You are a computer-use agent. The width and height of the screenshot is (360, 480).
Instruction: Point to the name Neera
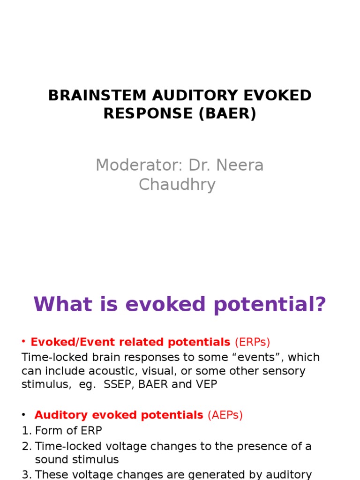(x=240, y=165)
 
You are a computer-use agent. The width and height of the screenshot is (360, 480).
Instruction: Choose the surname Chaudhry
(x=177, y=185)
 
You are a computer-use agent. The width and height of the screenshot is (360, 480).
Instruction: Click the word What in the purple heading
(x=58, y=305)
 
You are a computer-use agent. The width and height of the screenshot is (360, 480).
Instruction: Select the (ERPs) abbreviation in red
(x=253, y=342)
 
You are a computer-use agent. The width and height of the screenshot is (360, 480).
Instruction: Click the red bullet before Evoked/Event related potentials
(x=24, y=342)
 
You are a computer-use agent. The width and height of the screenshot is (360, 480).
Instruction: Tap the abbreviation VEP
(x=207, y=384)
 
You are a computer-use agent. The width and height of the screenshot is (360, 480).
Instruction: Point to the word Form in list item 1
(x=47, y=430)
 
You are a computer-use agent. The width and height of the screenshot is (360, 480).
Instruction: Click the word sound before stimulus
(x=51, y=459)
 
